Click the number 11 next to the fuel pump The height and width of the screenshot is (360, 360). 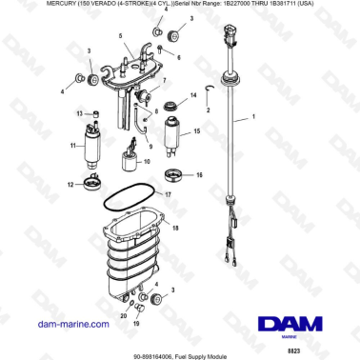tap(72, 146)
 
